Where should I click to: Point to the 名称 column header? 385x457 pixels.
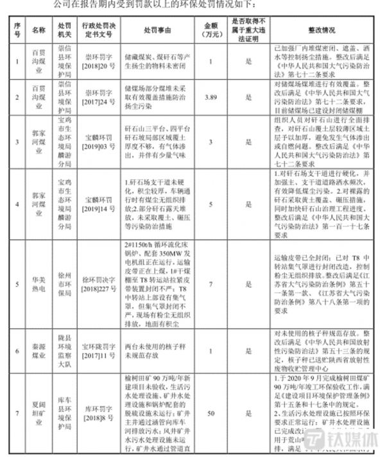pos(38,30)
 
